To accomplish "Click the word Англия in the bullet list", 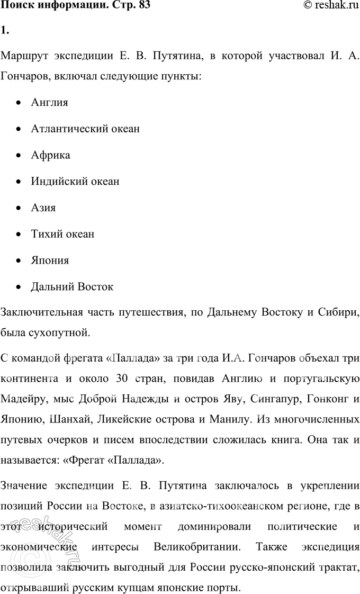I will click(x=49, y=102).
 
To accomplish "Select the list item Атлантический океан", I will click(x=85, y=129).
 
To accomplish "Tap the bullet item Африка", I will click(x=50, y=155).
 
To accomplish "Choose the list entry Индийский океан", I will click(x=75, y=182).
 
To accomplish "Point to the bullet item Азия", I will click(x=43, y=208).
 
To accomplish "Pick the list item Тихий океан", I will click(x=62, y=234).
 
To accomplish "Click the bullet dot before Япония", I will click(x=20, y=261).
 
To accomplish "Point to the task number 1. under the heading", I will click(x=5, y=30).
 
